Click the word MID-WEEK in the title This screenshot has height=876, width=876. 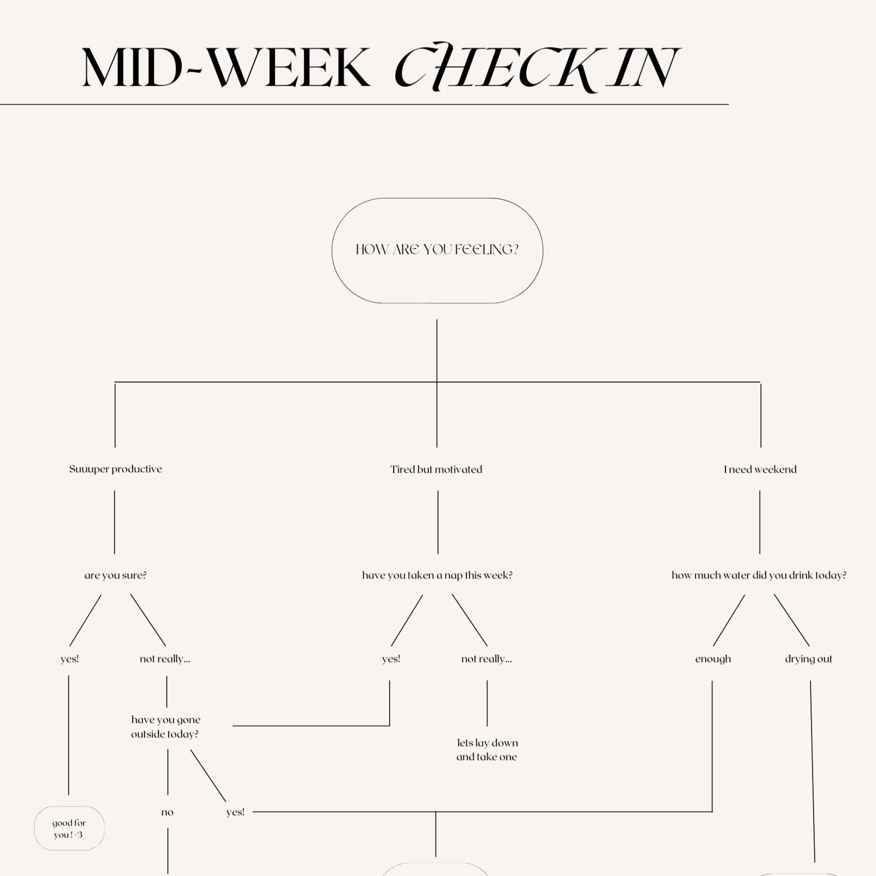(x=226, y=69)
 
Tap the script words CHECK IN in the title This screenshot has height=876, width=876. (x=537, y=69)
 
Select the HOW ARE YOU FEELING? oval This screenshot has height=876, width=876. (x=437, y=250)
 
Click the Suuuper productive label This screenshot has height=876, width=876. (x=116, y=469)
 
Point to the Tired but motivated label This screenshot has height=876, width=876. (x=436, y=469)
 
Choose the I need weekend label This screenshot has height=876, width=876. (x=760, y=469)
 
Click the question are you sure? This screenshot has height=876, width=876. (x=116, y=575)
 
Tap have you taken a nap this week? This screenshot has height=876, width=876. (x=437, y=575)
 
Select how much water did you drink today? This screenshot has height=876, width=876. (x=759, y=575)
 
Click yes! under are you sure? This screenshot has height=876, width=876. (x=70, y=659)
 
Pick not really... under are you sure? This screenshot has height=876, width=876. (x=165, y=659)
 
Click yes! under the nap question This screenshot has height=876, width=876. (x=391, y=659)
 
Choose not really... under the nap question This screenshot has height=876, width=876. (x=486, y=659)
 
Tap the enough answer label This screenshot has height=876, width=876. (x=713, y=659)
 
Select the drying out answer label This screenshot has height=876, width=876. (x=808, y=659)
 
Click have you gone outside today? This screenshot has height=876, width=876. (x=166, y=727)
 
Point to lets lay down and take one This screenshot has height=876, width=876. (x=487, y=750)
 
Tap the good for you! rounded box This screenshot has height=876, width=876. (x=69, y=829)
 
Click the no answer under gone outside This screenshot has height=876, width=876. (x=167, y=813)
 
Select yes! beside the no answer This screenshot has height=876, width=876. (x=235, y=812)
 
